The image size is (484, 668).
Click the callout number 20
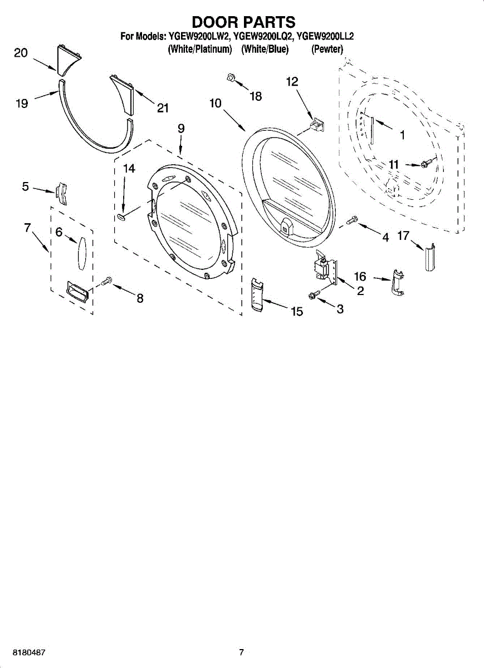21,53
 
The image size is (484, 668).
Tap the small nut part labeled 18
231,77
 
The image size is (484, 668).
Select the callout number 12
292,81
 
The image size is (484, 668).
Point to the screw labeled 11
424,164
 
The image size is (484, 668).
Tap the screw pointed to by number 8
106,281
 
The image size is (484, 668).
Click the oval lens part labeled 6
81,253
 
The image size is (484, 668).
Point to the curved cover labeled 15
257,294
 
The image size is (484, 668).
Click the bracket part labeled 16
397,282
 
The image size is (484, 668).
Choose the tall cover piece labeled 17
430,257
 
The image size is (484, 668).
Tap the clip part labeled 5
62,194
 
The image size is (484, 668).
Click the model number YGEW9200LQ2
262,36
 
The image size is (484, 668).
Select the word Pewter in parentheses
327,49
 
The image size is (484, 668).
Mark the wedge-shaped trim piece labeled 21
124,94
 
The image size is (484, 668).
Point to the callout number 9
181,129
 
